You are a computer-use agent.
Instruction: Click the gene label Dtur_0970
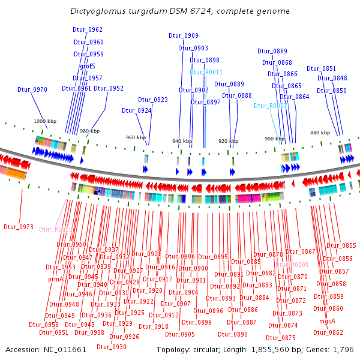[32, 89]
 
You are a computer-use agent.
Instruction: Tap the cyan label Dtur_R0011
[206, 72]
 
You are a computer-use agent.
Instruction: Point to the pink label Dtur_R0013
[56, 229]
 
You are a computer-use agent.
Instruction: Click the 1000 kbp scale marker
[44, 121]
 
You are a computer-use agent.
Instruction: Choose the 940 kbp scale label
[182, 141]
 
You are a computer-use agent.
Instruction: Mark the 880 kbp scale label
[319, 133]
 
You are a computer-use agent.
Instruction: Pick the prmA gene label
[55, 279]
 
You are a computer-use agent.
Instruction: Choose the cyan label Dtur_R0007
[270, 106]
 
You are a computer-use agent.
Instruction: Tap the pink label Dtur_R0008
[292, 265]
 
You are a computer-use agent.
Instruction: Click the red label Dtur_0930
[112, 347]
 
